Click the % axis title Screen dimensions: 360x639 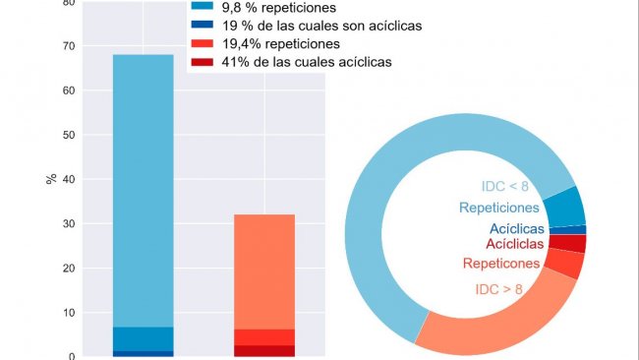pos(51,180)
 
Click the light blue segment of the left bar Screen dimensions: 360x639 pos(144,187)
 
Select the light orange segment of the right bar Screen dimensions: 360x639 pos(263,270)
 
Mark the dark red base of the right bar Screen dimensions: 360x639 pos(263,350)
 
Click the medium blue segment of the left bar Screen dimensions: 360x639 pos(144,337)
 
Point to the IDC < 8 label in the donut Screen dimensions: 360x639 pos(509,187)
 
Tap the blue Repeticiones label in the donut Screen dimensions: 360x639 pos(498,208)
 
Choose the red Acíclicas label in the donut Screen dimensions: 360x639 pos(512,244)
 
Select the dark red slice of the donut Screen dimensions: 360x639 pos(567,243)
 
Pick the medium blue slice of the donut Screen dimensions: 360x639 pos(564,208)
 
